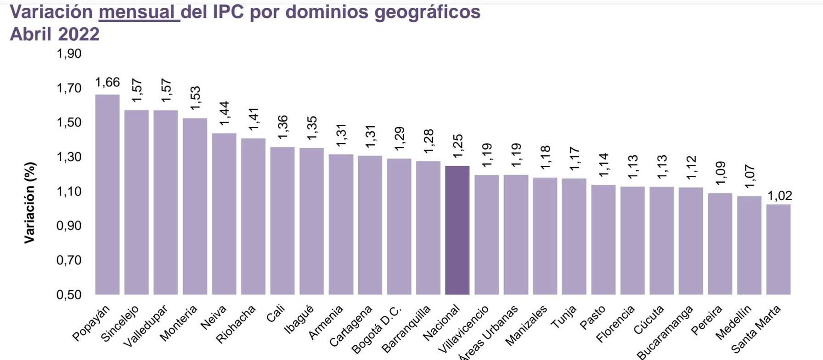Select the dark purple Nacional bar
tap(457, 230)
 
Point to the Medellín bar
tap(749, 245)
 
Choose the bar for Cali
tap(282, 220)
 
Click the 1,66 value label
tap(107, 83)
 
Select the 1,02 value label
tap(779, 196)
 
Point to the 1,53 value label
tap(195, 98)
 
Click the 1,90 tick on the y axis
tap(69, 54)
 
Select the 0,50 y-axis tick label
tap(69, 295)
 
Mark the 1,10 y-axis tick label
tap(69, 191)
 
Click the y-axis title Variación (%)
tap(30, 202)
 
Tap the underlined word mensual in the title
tap(139, 12)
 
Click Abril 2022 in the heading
tap(55, 34)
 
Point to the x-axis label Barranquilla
tap(407, 329)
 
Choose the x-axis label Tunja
tap(564, 317)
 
